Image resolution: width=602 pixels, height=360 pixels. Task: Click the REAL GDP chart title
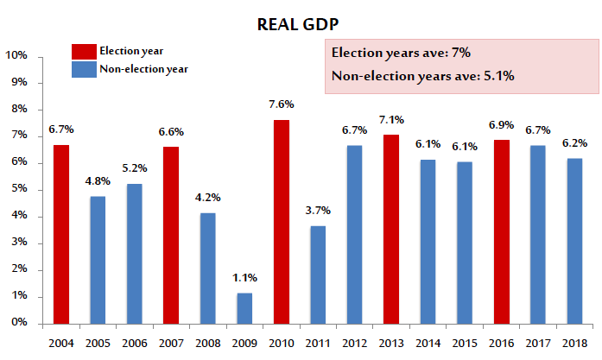click(301, 24)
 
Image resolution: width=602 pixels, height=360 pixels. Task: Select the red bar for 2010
click(281, 222)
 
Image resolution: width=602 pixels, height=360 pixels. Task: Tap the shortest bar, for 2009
click(244, 308)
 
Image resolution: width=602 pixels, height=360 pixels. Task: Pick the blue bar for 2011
click(318, 275)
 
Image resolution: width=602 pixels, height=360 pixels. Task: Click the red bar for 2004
click(60, 234)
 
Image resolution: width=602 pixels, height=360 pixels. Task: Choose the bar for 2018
click(574, 241)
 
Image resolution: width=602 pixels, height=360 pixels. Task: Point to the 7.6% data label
click(281, 104)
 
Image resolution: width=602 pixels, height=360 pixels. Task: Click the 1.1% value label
click(244, 278)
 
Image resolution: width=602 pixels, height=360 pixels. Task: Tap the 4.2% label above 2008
click(207, 196)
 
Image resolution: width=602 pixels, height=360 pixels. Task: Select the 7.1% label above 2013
click(391, 119)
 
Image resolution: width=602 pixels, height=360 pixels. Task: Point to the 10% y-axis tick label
click(17, 56)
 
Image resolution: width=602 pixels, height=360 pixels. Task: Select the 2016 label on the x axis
click(501, 344)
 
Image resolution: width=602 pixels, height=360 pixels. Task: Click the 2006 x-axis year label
click(134, 344)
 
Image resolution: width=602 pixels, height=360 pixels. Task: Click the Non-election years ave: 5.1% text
click(423, 76)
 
